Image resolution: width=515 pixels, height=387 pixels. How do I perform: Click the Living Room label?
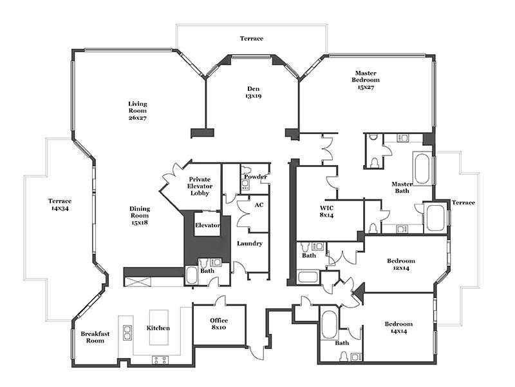point(138,111)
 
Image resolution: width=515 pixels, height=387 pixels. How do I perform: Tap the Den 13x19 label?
point(253,92)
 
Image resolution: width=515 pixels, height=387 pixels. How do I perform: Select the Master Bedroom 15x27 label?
point(366,80)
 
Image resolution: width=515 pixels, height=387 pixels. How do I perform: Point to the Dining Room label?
point(140,215)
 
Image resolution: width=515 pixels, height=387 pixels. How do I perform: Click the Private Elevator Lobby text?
point(200,186)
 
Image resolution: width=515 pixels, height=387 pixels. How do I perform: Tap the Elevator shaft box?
point(207,224)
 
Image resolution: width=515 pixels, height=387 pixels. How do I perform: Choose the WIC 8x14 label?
point(326,212)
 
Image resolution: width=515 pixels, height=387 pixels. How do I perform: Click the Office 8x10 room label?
point(219,324)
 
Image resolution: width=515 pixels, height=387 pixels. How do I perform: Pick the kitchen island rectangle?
point(159,327)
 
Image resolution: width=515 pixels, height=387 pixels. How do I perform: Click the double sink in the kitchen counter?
point(127,333)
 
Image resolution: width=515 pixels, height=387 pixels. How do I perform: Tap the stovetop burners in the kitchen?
point(160,360)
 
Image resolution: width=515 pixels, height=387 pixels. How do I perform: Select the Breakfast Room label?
point(95,337)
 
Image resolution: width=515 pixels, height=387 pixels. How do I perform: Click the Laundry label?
point(250,244)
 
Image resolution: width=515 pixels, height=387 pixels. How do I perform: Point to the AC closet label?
point(259,205)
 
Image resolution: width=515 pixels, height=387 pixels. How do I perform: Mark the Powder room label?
point(256,177)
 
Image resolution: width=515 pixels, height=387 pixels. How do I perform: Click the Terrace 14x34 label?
point(60,204)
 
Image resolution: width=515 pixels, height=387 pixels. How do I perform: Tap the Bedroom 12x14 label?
point(400,264)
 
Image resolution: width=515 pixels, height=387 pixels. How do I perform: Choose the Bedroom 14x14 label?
point(398,328)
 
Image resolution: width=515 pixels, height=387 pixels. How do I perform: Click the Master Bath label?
point(402,188)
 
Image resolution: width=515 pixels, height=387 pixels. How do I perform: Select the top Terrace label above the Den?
point(252,39)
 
